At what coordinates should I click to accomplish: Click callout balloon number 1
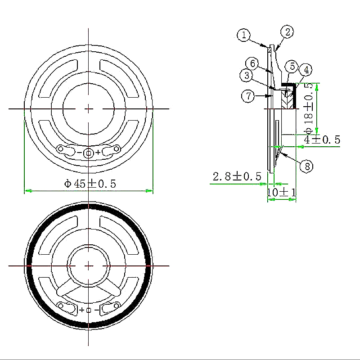[x=244, y=35]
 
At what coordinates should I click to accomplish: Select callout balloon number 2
[x=287, y=31]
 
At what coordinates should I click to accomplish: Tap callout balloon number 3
[x=246, y=76]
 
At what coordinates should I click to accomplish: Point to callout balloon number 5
[x=292, y=66]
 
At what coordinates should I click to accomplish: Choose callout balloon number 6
[x=252, y=63]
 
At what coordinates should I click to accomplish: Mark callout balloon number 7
[x=248, y=96]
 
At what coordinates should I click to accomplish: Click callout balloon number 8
[x=306, y=166]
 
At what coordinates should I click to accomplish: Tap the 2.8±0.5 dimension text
[x=237, y=176]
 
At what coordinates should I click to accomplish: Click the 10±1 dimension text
[x=282, y=192]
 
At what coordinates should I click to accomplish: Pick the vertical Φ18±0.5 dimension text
[x=308, y=108]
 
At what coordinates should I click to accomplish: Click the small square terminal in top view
[x=89, y=153]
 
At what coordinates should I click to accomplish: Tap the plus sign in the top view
[x=98, y=153]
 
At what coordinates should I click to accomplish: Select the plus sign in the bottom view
[x=81, y=310]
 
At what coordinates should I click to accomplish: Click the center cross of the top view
[x=89, y=108]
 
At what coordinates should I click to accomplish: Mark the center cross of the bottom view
[x=89, y=265]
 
